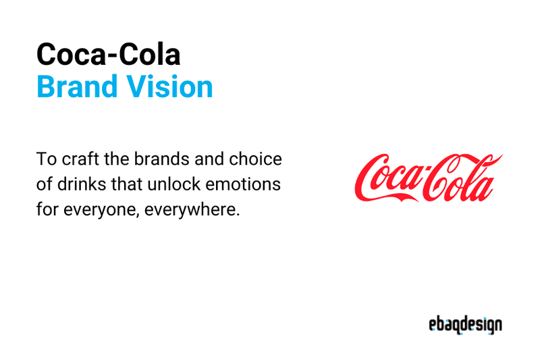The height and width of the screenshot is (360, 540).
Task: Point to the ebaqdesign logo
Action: click(465, 325)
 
